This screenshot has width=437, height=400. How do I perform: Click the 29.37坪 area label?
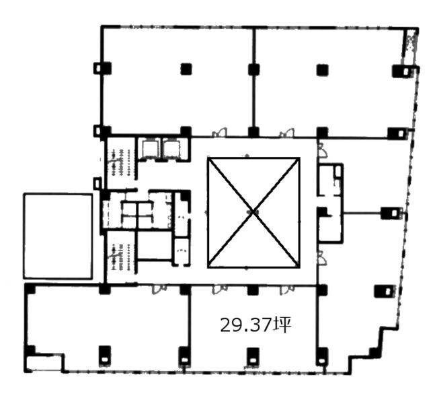click(x=255, y=325)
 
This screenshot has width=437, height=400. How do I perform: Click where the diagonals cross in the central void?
click(x=253, y=212)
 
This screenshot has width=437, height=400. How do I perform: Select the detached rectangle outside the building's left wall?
click(x=58, y=236)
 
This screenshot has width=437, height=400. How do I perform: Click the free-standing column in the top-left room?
click(x=186, y=69)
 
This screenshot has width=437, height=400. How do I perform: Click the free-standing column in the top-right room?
click(x=322, y=70)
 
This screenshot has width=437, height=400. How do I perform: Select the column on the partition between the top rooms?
click(x=253, y=69)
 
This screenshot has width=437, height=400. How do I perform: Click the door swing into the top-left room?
click(x=220, y=133)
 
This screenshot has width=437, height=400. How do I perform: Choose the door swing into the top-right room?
click(x=287, y=133)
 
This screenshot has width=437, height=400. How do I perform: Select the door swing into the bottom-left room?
click(x=159, y=289)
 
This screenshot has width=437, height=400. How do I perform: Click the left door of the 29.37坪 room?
click(x=220, y=289)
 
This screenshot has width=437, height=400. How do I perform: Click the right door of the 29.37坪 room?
click(x=287, y=290)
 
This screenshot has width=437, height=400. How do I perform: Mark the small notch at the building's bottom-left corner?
click(x=44, y=362)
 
